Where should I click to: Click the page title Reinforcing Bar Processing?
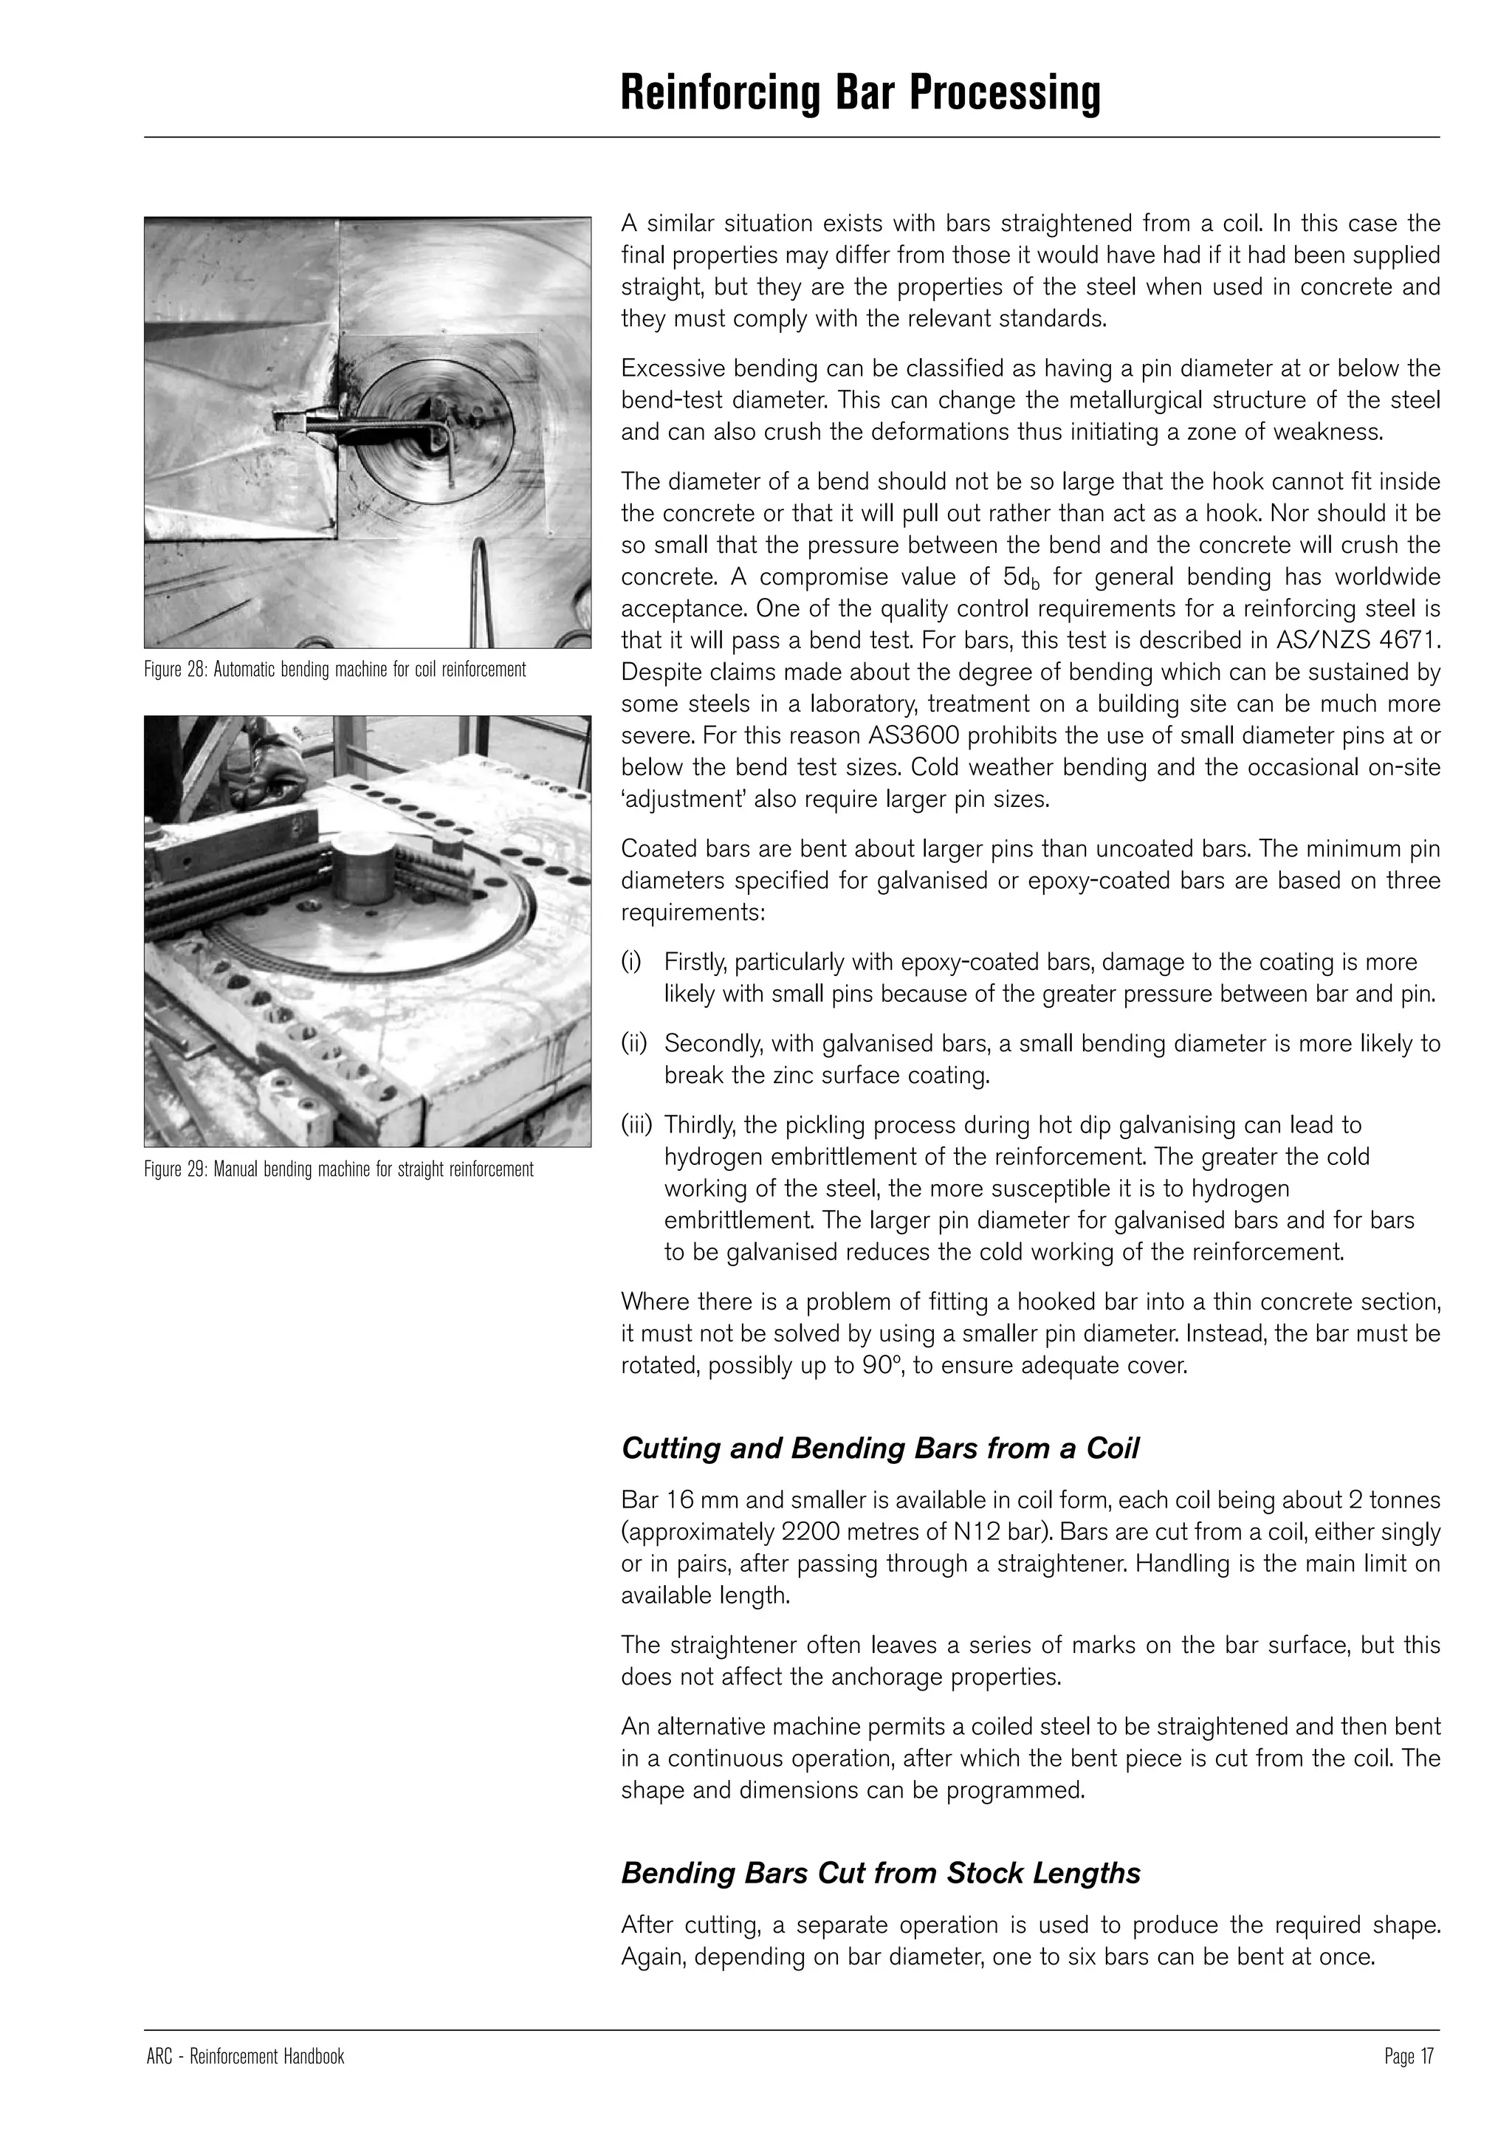click(859, 93)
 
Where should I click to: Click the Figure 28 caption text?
click(334, 670)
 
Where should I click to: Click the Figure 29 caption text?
click(338, 1169)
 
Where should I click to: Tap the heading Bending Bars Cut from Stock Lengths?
click(880, 1873)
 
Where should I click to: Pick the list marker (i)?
click(630, 962)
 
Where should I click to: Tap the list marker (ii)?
click(633, 1044)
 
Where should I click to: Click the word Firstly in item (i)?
click(695, 962)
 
